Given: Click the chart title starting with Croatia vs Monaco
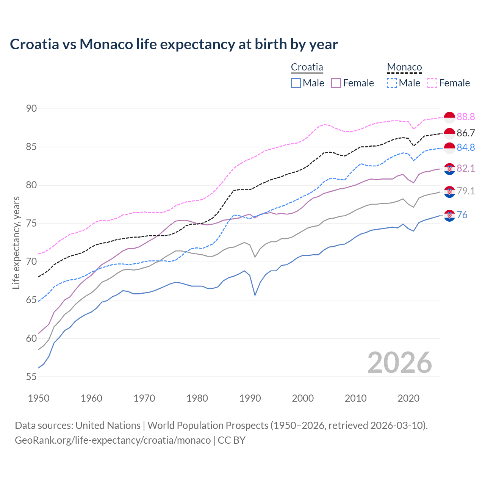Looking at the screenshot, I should (174, 44).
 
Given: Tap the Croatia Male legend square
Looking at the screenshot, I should (296, 83).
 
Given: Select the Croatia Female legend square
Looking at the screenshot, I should (336, 83).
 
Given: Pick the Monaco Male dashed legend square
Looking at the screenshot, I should (392, 83).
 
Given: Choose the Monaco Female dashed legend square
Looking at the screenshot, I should (432, 83).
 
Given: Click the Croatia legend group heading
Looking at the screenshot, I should (307, 67).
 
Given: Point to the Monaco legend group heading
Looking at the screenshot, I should (404, 67).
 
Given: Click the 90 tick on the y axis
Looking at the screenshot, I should (31, 109).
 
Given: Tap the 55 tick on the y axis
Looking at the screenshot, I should (31, 377).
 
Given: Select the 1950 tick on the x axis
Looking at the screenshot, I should (39, 398).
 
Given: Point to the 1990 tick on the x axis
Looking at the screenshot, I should (250, 398).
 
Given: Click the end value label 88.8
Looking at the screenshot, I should (466, 117).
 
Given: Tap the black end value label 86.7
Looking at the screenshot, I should (466, 133).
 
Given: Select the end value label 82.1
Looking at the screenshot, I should (466, 168).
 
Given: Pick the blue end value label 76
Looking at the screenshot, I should (462, 215).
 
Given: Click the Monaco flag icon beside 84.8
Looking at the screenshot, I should (449, 148).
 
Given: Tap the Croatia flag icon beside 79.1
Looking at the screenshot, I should (449, 192).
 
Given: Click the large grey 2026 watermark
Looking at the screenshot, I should (399, 363).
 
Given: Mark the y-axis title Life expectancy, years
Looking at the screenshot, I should (16, 242).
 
